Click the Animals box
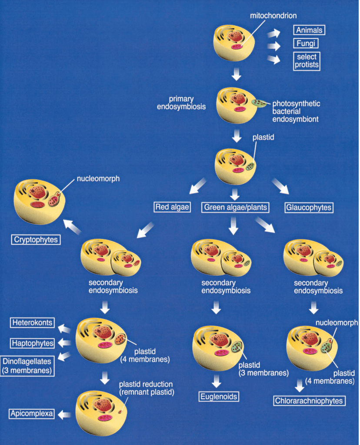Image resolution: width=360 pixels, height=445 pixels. click(x=309, y=30)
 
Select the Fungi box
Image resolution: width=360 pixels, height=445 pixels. click(x=306, y=43)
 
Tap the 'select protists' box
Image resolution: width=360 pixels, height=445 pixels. click(x=306, y=61)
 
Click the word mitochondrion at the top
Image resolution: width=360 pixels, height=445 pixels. click(x=273, y=16)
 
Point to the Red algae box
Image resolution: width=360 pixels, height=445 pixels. click(x=173, y=207)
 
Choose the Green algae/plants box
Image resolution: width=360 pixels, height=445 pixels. click(x=235, y=207)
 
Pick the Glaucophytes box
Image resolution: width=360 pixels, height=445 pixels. click(x=309, y=207)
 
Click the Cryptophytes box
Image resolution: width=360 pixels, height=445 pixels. click(x=35, y=239)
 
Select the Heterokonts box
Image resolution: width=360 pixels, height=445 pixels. click(x=33, y=323)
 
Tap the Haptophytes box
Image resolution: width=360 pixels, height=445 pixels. click(x=33, y=343)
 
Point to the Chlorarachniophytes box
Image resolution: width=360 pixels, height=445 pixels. click(x=309, y=400)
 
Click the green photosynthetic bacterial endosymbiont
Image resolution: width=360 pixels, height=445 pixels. click(x=260, y=103)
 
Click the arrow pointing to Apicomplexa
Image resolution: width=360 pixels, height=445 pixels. click(x=65, y=415)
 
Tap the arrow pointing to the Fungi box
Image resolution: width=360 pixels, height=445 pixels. click(x=274, y=46)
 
